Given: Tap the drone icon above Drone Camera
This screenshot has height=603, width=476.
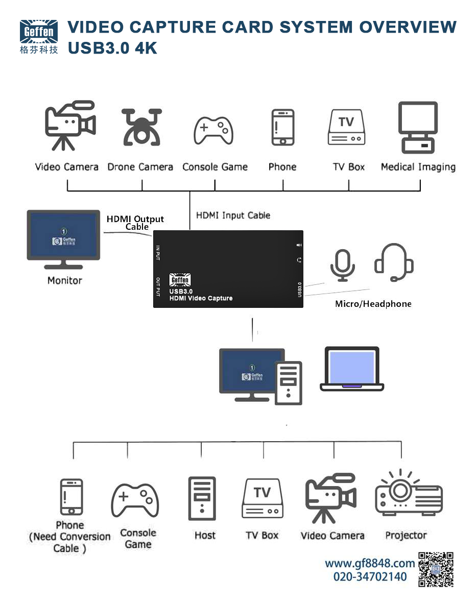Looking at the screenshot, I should (x=141, y=127).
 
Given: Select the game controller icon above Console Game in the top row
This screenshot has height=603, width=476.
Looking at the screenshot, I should (x=213, y=130).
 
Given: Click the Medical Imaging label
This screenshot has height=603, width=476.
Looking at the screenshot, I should (x=418, y=167).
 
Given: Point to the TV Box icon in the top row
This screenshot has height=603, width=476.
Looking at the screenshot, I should (x=346, y=127).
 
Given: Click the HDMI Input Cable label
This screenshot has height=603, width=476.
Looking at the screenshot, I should (x=233, y=215).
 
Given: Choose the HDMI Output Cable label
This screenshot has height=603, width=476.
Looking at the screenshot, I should (x=135, y=223).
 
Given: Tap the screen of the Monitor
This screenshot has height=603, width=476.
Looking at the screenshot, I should (x=63, y=235).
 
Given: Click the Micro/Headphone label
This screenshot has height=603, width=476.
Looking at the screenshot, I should (x=373, y=304).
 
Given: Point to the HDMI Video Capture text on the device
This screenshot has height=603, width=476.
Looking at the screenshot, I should (x=201, y=298).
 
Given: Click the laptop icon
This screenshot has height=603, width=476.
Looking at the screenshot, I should (x=351, y=369).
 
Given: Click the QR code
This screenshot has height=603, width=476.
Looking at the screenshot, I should (x=436, y=569).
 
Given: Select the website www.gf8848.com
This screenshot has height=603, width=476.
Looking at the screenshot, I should (x=370, y=564).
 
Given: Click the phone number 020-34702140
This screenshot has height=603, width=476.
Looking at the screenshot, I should (x=370, y=577).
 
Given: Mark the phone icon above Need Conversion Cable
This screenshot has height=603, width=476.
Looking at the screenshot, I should (x=71, y=497).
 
